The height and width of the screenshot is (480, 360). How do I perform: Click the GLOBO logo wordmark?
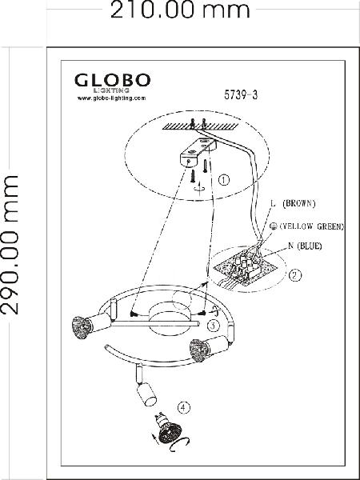tap(112, 81)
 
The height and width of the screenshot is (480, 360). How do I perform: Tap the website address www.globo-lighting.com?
tap(111, 98)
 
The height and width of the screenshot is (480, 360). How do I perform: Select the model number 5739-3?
tap(241, 95)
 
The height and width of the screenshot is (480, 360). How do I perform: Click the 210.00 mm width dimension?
tap(180, 10)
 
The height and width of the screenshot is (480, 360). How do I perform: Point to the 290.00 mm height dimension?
tap(10, 245)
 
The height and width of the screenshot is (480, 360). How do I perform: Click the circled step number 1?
tap(224, 180)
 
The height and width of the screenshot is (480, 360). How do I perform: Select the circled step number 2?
tap(295, 275)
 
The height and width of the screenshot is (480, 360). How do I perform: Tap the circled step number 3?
tap(214, 326)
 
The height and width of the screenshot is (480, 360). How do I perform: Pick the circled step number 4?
tap(184, 407)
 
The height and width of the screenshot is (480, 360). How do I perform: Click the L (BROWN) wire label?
tap(294, 203)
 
